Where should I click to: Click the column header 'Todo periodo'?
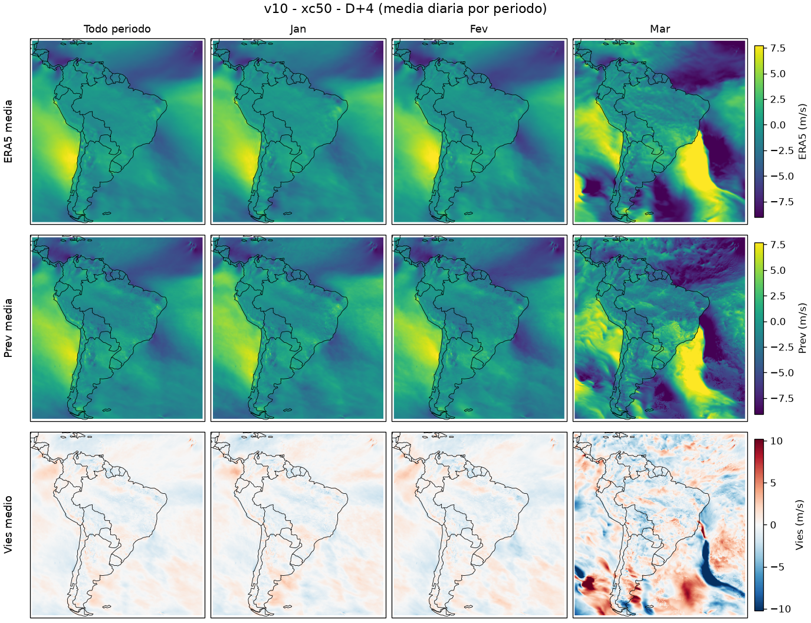pos(117,29)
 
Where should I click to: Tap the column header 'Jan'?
pos(298,29)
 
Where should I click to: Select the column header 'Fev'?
pos(479,29)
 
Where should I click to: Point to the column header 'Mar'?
pos(660,29)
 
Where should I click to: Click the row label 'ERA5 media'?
pos(8,132)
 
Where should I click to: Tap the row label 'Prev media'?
pos(8,328)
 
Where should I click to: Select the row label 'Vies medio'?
pos(8,524)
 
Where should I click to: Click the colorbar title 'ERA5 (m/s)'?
pos(802,132)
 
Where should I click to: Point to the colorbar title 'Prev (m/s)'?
pos(802,328)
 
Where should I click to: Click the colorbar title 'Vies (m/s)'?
pos(799,525)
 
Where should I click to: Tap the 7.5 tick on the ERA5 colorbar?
pos(777,48)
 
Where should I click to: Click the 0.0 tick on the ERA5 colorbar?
pos(777,125)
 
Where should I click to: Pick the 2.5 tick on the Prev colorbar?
pos(777,296)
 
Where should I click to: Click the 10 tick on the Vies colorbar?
pos(776,441)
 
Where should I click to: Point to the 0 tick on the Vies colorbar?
pos(773,525)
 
